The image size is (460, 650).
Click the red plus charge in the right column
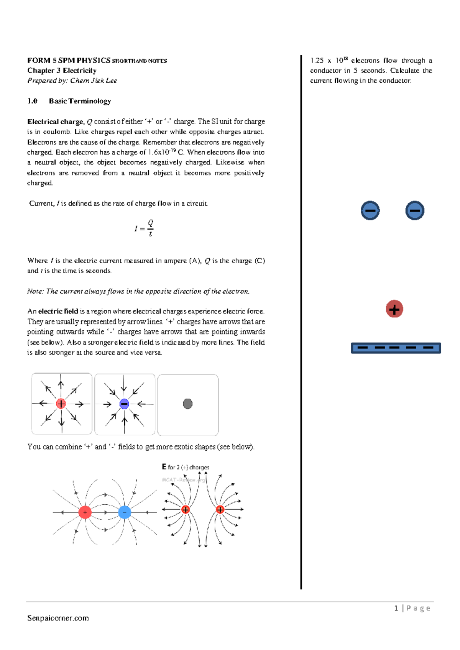point(394,309)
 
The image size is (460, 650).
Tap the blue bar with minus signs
point(396,348)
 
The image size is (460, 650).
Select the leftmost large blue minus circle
point(370,210)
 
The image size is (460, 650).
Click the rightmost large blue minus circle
point(414,210)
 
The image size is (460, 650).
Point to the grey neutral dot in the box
point(187,404)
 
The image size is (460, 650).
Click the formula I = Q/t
point(144,228)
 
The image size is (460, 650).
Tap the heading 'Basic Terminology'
point(80,101)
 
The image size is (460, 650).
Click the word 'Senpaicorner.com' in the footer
point(58,618)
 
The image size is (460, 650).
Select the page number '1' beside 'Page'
point(396,608)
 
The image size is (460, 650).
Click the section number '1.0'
point(32,101)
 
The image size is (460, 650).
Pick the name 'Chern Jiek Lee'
point(94,80)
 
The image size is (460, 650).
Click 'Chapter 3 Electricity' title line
point(62,71)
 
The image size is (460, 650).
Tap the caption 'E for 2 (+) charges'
point(186,467)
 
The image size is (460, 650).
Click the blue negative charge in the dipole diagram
point(125,512)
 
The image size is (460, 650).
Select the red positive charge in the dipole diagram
point(85,512)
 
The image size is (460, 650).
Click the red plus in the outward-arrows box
point(61,404)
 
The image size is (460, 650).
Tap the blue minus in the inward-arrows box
point(124,404)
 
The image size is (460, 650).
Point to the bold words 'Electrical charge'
point(55,122)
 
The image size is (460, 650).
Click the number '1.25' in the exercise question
point(317,61)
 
